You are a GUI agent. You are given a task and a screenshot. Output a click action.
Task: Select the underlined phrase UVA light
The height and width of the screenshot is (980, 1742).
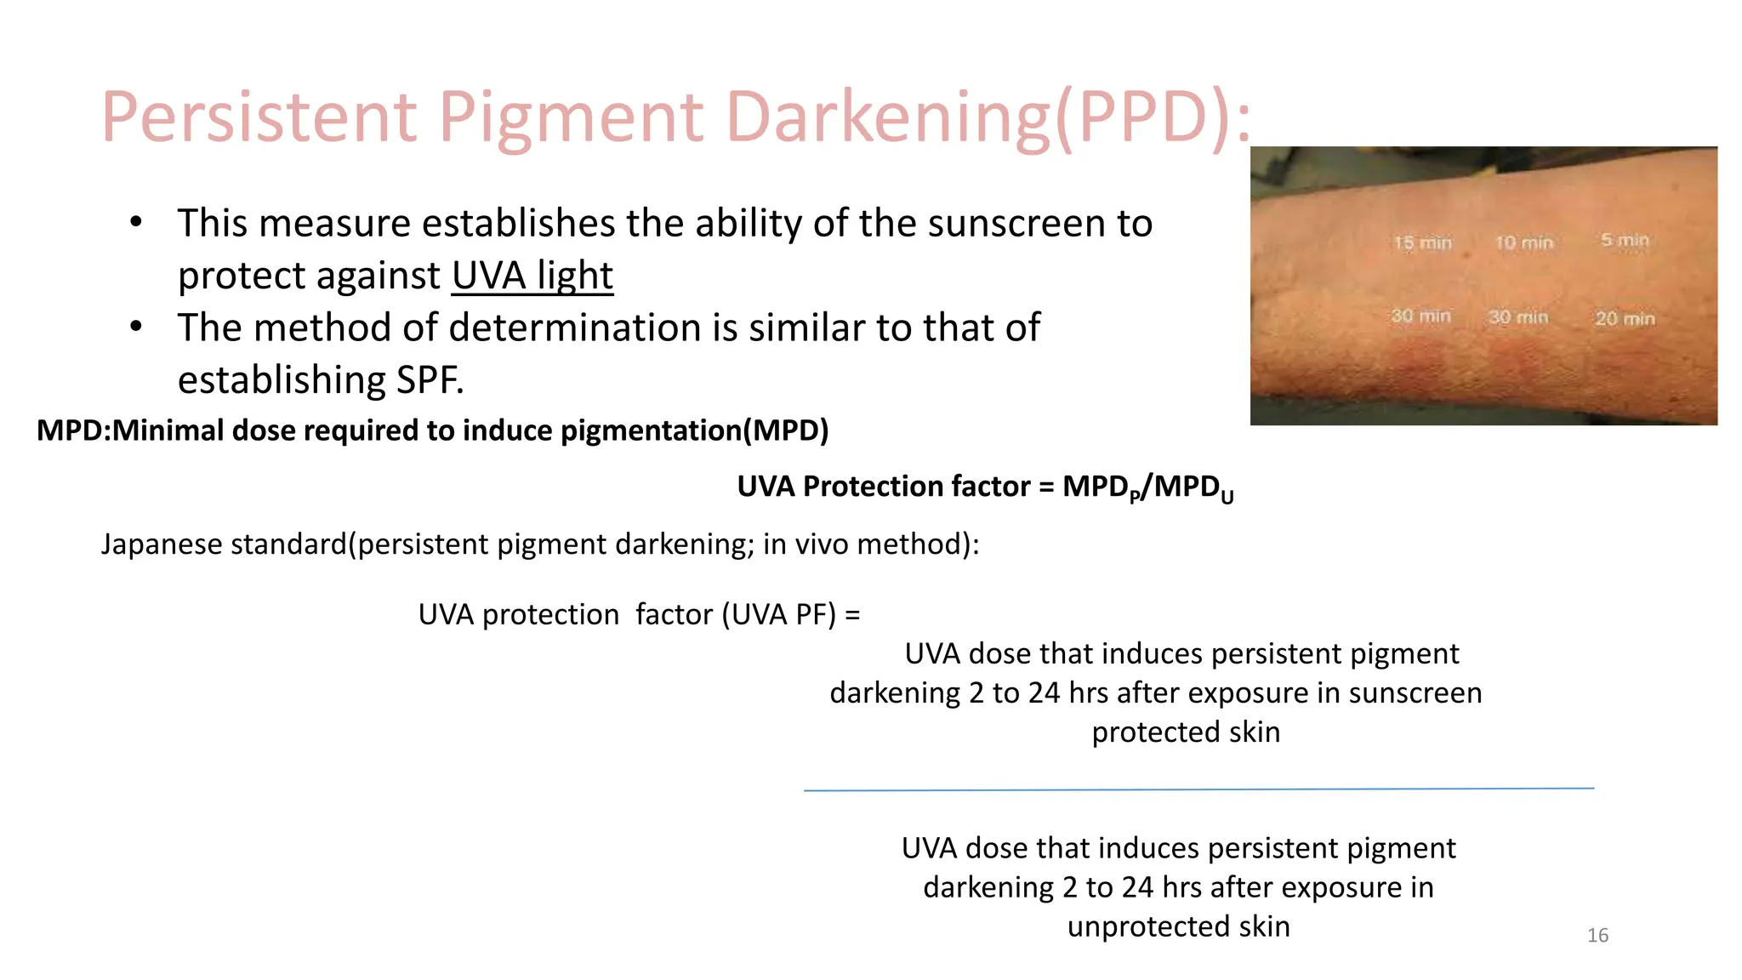tap(532, 276)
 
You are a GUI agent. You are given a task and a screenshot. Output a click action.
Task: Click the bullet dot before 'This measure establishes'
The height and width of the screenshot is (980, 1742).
tap(136, 223)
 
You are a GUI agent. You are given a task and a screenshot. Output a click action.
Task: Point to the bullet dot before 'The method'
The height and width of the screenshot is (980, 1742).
tap(136, 328)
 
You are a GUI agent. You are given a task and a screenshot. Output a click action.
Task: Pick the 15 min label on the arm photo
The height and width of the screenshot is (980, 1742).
tap(1422, 242)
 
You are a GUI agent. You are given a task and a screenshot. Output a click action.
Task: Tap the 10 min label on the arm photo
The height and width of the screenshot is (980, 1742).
tap(1523, 242)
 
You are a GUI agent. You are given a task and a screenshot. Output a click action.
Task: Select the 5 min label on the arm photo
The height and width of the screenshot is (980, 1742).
tap(1624, 240)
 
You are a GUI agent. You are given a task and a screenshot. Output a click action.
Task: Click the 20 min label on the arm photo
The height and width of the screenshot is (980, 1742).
tap(1624, 318)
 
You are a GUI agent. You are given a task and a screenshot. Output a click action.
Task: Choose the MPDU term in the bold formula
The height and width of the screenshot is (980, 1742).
tap(1193, 487)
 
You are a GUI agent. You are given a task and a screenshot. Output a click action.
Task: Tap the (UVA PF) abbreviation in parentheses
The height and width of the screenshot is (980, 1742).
tap(779, 614)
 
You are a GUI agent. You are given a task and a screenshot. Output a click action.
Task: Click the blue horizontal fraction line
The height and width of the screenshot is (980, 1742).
tap(1198, 789)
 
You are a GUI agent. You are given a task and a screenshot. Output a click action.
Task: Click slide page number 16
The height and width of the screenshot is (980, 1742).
tap(1597, 936)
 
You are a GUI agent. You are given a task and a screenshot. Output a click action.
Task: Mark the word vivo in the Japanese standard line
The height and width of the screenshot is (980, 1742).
tap(823, 544)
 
